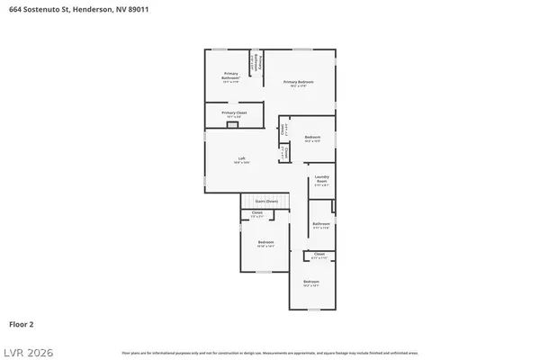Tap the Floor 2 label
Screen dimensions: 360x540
[x=22, y=322]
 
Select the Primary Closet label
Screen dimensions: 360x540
[x=234, y=113]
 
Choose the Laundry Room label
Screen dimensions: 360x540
[x=321, y=179]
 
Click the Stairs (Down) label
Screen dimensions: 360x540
[x=265, y=202]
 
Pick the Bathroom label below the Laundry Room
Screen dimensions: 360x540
[x=321, y=224]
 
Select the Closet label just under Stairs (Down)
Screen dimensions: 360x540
[x=257, y=214]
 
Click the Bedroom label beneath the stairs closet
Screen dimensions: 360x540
[x=265, y=243]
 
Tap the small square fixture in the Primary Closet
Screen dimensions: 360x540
[x=232, y=126]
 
